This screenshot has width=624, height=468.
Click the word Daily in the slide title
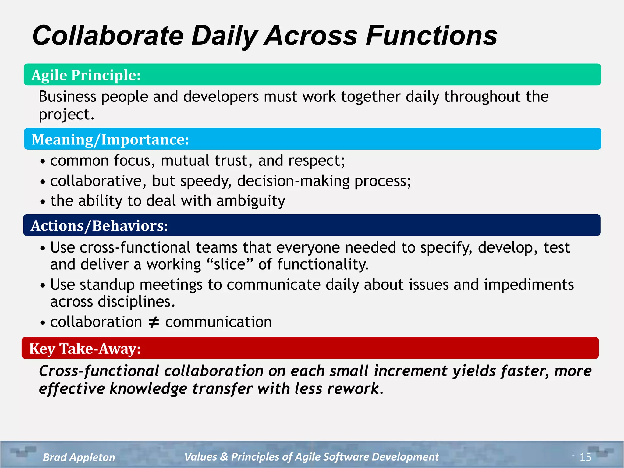coord(225,36)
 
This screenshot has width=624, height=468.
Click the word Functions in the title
coord(431,36)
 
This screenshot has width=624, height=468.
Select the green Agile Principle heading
coord(86,75)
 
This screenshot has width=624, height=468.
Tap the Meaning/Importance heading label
coord(110,140)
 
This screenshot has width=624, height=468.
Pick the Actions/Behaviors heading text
coord(99,226)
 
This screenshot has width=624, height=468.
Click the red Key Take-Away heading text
coord(85,349)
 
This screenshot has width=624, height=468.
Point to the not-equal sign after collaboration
coord(154,322)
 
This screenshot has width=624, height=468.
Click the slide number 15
coord(585,457)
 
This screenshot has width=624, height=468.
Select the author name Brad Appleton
coord(79,457)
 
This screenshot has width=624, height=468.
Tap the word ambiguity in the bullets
coord(251,201)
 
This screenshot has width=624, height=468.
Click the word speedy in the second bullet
coord(206,181)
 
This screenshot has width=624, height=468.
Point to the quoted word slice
coord(230,264)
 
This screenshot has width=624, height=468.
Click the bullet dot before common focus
coord(43,161)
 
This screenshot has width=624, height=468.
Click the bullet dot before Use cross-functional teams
coord(43,248)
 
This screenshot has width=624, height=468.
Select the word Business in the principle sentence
coord(68,97)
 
